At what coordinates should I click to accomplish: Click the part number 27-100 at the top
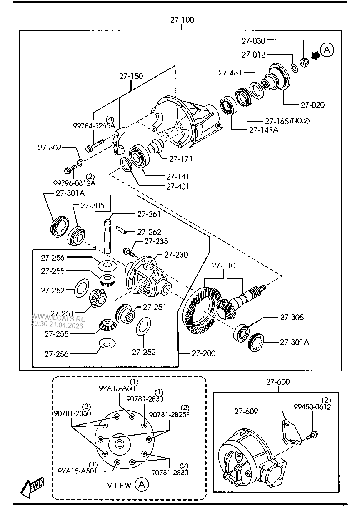[182, 20]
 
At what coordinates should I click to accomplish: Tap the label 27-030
[253, 41]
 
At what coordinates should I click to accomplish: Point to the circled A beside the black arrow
[327, 50]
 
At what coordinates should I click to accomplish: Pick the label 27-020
[312, 105]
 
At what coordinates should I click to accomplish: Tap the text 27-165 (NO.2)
[287, 121]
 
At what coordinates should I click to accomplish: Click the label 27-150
[131, 76]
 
